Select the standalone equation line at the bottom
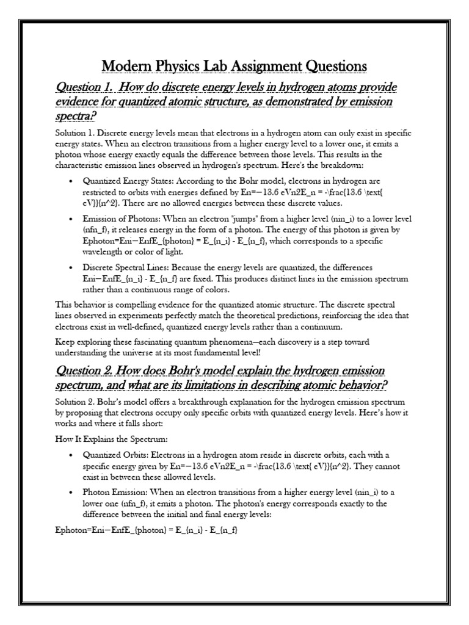tap(145, 531)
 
